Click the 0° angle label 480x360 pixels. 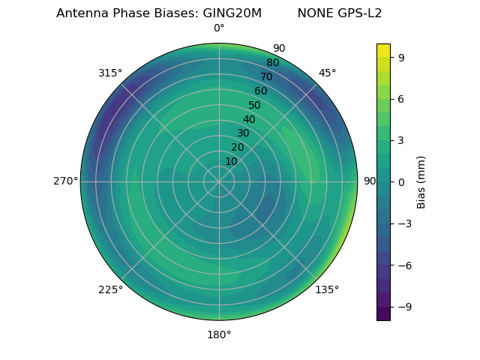[x=219, y=28]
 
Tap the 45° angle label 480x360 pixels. [x=327, y=73]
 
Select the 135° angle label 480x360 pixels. [x=327, y=289]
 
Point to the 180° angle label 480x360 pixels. [x=219, y=334]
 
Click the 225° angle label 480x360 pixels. [x=110, y=290]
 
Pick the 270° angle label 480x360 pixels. [x=65, y=181]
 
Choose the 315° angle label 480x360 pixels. [x=110, y=73]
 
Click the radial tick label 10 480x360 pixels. [x=231, y=161]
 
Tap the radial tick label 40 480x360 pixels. [x=249, y=119]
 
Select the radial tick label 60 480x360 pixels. [x=260, y=91]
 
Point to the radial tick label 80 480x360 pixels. [x=272, y=63]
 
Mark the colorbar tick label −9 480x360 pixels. [x=405, y=307]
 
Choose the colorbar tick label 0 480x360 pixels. [x=402, y=182]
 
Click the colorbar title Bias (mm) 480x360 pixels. [x=421, y=182]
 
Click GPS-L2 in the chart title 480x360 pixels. [x=361, y=13]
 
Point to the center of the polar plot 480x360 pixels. [x=219, y=181]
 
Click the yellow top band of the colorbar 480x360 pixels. [x=383, y=50]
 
